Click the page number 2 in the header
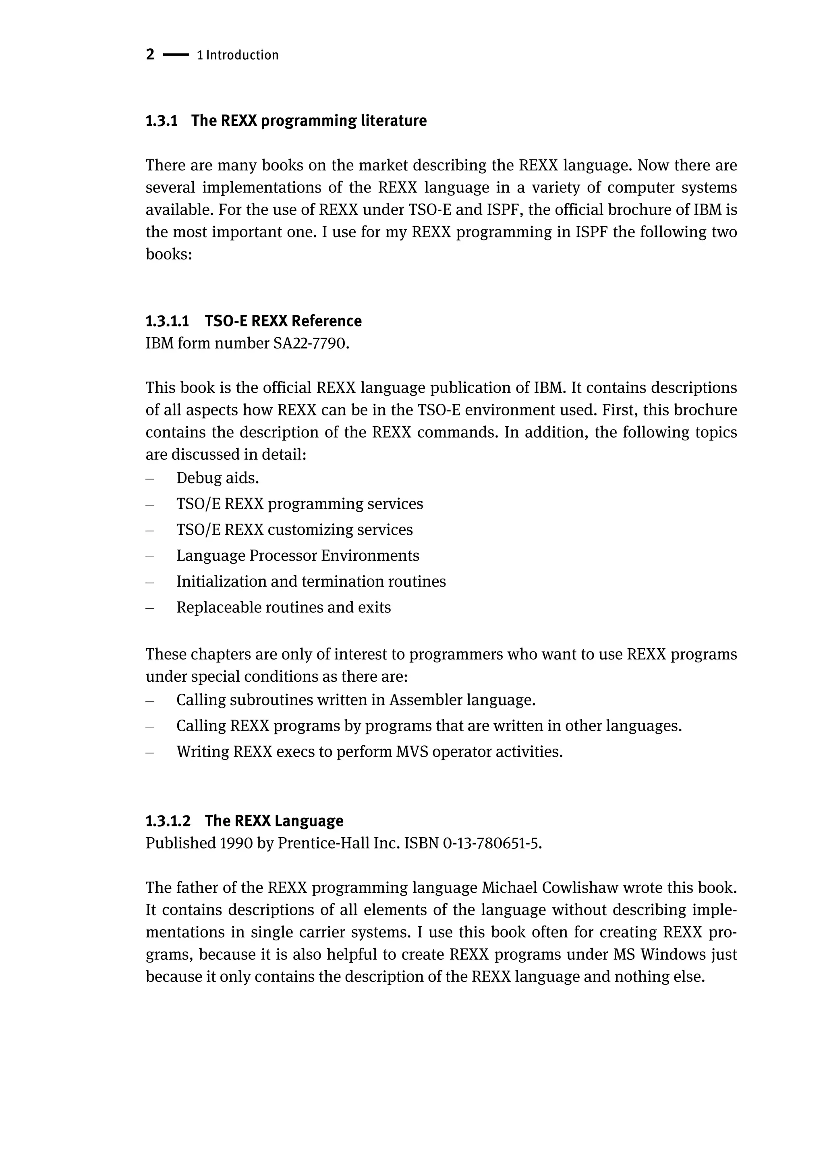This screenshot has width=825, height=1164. [150, 54]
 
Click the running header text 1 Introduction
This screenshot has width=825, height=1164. [238, 55]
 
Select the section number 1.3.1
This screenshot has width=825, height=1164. [162, 121]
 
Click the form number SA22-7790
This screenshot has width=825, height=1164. [311, 344]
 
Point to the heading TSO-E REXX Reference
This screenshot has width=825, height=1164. [283, 321]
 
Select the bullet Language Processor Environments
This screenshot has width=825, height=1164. [298, 556]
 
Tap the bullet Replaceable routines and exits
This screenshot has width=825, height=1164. [284, 608]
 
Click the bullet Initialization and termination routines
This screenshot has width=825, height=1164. [311, 582]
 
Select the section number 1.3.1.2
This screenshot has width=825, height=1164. [168, 821]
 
